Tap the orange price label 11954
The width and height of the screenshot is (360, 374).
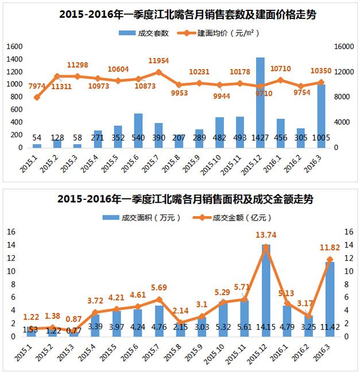point(159,60)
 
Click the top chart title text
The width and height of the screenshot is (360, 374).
point(180,14)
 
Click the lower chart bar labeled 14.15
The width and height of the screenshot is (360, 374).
point(266,287)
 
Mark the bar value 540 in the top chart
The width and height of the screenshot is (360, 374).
point(138,138)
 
